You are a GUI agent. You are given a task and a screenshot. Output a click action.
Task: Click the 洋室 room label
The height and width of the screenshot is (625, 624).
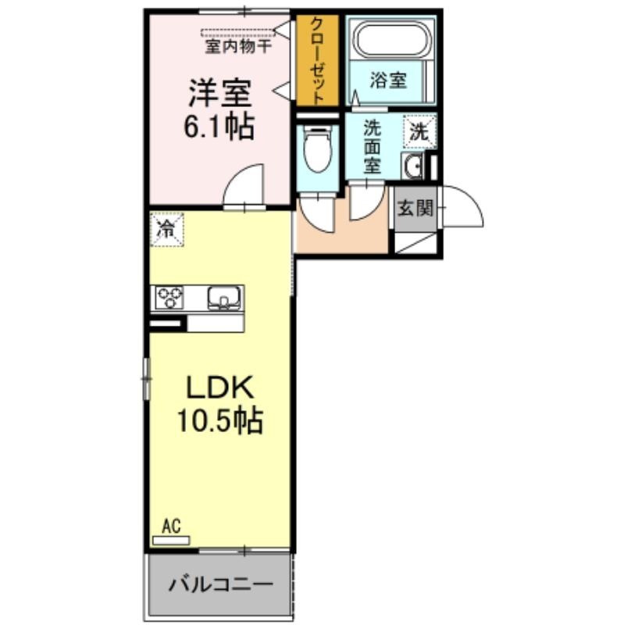point(220,93)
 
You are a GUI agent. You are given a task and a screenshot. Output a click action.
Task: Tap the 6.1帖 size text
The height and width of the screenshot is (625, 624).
point(219,127)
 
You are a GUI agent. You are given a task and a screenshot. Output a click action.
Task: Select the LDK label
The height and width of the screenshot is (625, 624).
point(220,387)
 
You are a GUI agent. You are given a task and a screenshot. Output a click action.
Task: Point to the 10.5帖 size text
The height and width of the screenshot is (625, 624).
point(220,420)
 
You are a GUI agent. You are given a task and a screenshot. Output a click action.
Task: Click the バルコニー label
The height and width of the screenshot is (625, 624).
point(221,584)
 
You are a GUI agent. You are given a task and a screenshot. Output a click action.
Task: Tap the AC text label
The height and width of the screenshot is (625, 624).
point(171,526)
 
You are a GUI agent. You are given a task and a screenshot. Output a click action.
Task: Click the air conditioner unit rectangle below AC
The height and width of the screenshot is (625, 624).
point(171,541)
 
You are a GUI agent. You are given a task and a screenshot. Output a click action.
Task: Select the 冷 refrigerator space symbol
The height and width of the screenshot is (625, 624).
point(167,229)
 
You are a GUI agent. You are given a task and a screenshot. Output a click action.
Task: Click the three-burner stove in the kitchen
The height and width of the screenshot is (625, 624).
point(169,298)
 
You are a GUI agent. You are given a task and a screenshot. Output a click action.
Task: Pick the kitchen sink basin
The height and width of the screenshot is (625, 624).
point(224,298)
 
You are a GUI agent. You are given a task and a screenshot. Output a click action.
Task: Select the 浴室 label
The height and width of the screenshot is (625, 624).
point(388,80)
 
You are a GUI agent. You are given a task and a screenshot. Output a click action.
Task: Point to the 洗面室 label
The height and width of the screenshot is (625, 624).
point(373,147)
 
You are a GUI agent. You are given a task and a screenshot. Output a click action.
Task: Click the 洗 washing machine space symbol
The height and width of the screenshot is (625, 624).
point(419,131)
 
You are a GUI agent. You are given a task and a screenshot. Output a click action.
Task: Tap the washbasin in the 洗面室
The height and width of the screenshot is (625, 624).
point(412,166)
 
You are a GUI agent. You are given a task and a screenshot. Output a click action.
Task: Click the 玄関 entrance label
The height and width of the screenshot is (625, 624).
point(415,208)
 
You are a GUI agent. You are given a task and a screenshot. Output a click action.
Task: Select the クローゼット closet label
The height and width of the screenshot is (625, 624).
point(317,60)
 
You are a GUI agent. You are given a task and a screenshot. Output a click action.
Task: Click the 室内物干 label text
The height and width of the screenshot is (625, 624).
point(238,47)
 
